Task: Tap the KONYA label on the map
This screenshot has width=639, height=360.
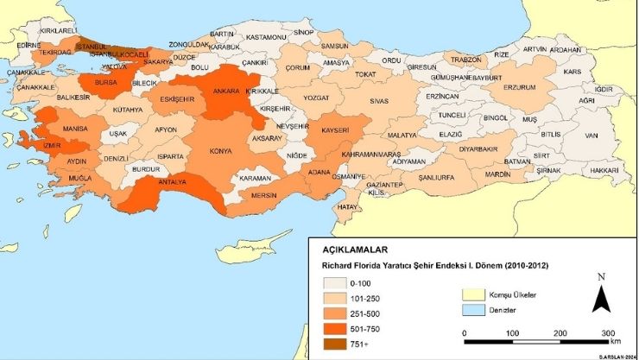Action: [222, 150]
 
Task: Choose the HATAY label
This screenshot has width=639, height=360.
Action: [347, 208]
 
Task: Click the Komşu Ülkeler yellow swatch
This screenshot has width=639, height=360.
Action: [473, 294]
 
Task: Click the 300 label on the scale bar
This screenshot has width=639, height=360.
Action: [606, 332]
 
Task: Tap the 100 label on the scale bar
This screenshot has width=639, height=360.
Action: [512, 332]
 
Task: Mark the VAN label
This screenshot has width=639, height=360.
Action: [592, 135]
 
